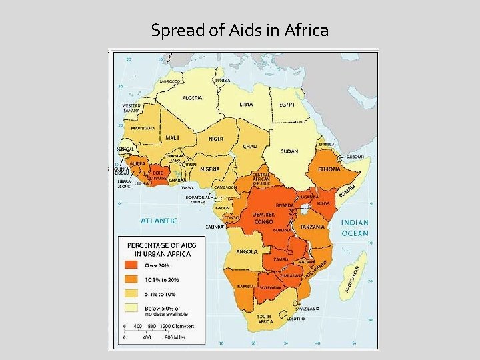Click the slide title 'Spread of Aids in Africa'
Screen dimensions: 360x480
click(x=239, y=30)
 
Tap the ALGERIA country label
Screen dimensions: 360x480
click(x=192, y=97)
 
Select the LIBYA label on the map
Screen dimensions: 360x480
click(x=246, y=105)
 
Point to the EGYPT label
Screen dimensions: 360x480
click(x=287, y=105)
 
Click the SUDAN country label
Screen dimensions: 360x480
click(x=289, y=151)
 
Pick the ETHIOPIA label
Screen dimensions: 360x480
click(x=329, y=169)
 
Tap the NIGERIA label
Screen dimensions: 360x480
click(x=214, y=169)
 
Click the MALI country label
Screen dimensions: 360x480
click(x=172, y=137)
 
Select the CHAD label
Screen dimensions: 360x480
click(x=250, y=146)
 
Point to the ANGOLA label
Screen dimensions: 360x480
click(x=247, y=251)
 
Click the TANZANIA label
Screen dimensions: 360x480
click(x=312, y=227)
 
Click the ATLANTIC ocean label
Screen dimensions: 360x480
click(x=159, y=220)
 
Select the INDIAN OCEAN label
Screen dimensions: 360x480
click(x=355, y=228)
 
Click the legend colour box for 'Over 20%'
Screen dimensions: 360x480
click(x=131, y=265)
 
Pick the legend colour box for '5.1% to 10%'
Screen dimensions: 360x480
click(x=131, y=293)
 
